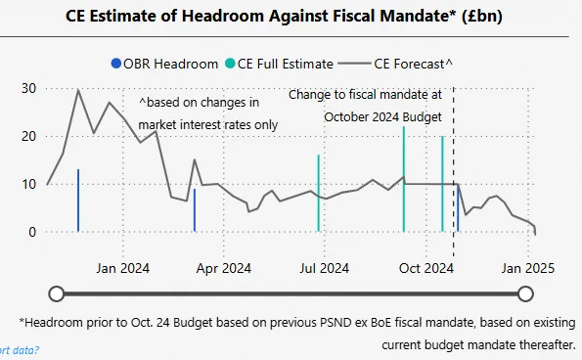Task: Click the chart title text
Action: click(284, 17)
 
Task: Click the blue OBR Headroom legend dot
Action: click(116, 64)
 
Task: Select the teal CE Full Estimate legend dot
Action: click(230, 64)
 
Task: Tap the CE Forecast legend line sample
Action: click(354, 64)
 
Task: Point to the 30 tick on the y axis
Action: click(29, 88)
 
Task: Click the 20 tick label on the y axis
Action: click(29, 136)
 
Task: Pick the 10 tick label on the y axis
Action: click(29, 184)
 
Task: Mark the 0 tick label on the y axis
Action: click(32, 232)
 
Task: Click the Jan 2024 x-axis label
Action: click(123, 268)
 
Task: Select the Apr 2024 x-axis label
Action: click(224, 268)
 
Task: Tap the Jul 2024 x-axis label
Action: click(325, 268)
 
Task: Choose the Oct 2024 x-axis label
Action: click(426, 268)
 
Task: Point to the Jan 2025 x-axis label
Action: click(528, 268)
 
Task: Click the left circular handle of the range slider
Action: click(57, 293)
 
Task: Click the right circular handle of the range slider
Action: click(525, 293)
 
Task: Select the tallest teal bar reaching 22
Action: click(404, 179)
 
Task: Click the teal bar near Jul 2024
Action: click(319, 194)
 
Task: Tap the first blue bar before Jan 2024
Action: click(78, 201)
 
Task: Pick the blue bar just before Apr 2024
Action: click(195, 210)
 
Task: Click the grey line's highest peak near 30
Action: click(78, 90)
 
